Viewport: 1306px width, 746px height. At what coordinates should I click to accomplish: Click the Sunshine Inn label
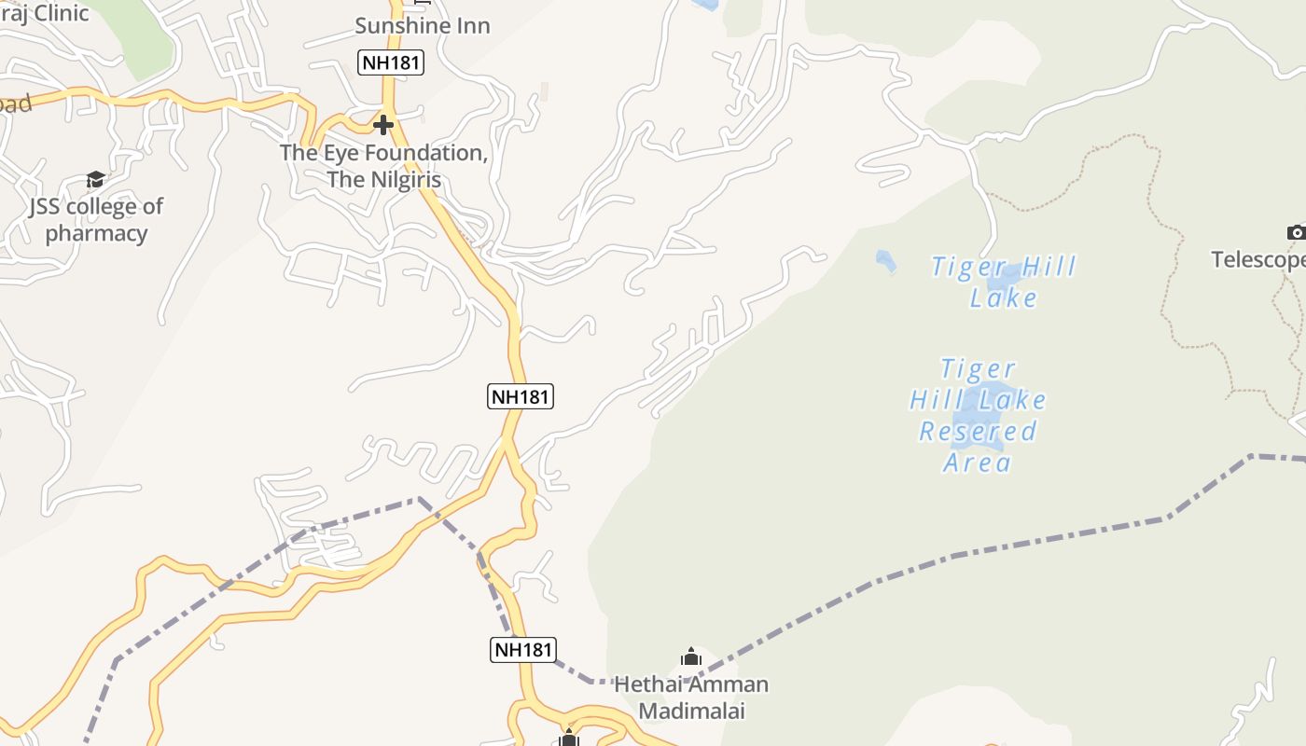422,25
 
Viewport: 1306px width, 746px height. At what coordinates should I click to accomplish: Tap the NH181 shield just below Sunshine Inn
391,62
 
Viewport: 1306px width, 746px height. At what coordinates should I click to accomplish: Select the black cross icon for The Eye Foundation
382,124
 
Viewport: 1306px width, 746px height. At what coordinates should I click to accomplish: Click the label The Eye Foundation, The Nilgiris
383,166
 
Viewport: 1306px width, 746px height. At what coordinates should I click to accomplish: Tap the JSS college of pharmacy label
96,219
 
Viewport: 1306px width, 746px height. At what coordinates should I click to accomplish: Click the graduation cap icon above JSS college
95,179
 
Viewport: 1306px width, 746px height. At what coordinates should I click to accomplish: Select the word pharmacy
96,233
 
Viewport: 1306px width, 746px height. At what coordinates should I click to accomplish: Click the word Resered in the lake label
978,431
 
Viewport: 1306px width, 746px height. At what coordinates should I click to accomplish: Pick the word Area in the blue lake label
978,463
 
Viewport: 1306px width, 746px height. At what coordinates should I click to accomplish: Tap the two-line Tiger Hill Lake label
1004,282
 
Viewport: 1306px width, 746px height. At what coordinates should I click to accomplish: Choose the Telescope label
1259,259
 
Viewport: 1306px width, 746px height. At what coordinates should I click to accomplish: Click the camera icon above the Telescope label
1296,232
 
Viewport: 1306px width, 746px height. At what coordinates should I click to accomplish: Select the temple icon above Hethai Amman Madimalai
690,657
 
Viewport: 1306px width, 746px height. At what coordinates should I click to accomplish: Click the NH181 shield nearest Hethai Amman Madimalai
522,650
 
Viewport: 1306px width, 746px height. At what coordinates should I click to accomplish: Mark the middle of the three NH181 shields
521,396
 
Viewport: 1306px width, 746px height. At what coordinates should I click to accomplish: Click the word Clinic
61,13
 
